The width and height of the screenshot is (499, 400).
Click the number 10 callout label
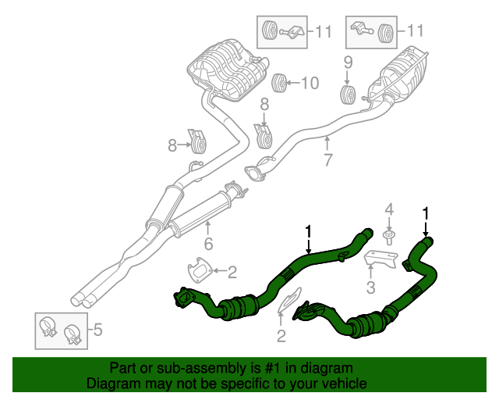coord(310,82)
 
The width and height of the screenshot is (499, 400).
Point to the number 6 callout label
coord(208,245)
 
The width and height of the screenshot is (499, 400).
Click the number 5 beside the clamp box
coord(97,330)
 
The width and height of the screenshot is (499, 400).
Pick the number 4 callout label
coord(389,209)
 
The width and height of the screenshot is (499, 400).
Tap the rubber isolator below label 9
coord(348,95)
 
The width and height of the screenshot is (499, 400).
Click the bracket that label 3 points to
coord(381,259)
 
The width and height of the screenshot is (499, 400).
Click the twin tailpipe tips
coord(81,298)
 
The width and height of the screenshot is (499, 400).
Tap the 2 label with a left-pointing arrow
coord(232,272)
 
